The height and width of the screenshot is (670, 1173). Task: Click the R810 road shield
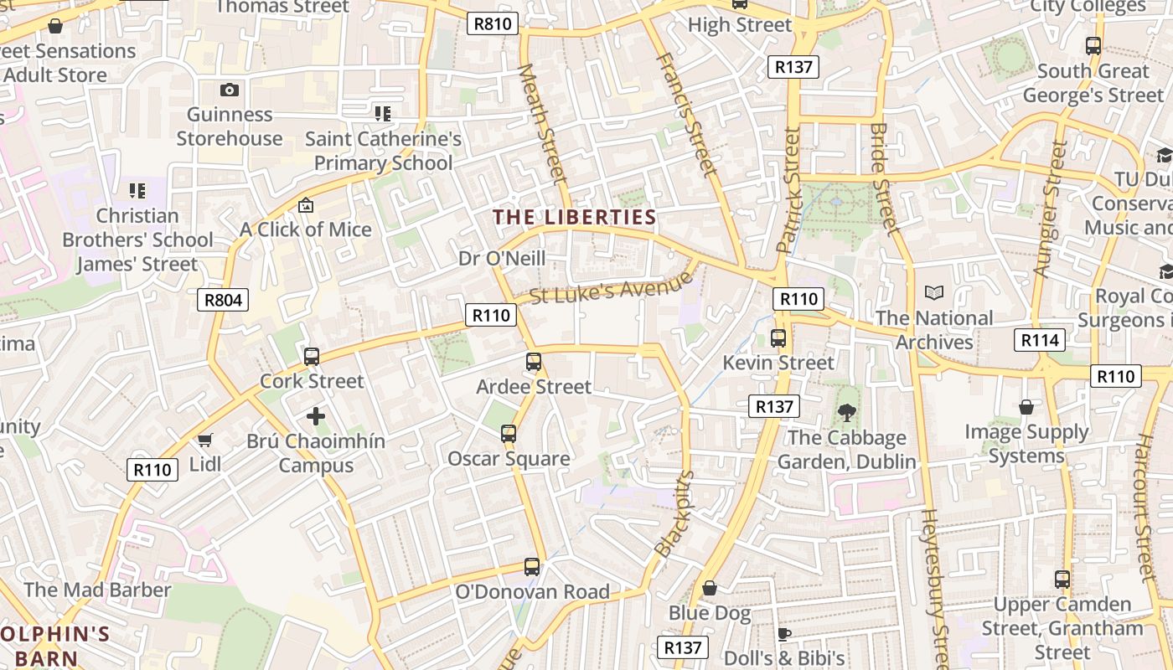pos(492,23)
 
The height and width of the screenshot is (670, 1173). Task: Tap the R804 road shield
pos(223,299)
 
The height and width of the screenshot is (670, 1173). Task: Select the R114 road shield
pos(1040,339)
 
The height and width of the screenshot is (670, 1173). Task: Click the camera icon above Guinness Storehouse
pos(230,90)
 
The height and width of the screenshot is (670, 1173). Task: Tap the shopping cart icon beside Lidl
pos(205,440)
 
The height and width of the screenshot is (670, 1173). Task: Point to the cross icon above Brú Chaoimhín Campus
pos(316,415)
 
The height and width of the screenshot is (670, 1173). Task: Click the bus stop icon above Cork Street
pos(312,357)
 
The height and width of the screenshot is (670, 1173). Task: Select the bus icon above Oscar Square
pos(509,434)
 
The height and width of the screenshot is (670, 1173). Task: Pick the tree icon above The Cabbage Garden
pos(847,412)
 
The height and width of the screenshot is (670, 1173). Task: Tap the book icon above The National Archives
pos(934,292)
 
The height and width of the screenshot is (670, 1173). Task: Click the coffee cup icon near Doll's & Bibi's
pos(783,633)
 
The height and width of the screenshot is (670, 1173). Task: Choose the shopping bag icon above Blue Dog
pos(710,588)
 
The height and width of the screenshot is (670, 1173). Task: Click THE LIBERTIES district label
pos(575,217)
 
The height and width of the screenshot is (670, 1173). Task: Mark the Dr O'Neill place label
pos(502,258)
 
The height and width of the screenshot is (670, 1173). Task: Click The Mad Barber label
pos(97,590)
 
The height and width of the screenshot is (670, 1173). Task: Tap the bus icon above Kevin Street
pos(778,338)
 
